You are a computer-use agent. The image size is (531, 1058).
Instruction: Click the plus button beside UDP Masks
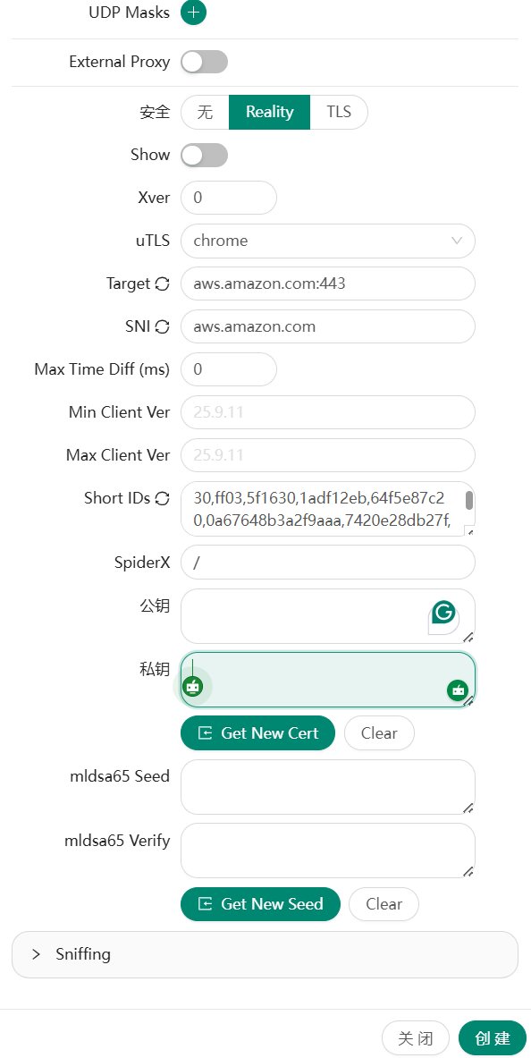coord(193,13)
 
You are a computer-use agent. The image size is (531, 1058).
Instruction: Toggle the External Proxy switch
coord(205,62)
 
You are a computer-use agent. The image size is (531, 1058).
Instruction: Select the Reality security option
coord(269,111)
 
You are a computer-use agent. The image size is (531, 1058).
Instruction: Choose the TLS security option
coord(339,111)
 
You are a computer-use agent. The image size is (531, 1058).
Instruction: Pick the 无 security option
coord(205,111)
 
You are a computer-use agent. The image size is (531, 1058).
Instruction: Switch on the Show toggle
coord(205,156)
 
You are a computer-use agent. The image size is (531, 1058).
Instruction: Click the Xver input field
coord(229,198)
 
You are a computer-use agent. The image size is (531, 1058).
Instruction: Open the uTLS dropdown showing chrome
coord(328,241)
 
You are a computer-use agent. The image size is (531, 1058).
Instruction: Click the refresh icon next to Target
coord(162,284)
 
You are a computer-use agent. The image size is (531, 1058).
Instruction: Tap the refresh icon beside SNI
coord(162,326)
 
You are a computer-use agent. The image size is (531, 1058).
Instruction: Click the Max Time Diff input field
coord(229,369)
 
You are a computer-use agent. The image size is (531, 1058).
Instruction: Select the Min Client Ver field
coord(328,412)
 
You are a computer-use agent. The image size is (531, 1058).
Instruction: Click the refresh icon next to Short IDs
coord(162,499)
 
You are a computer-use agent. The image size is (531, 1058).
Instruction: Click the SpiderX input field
coord(328,562)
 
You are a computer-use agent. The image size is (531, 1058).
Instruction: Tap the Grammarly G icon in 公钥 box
coord(443,613)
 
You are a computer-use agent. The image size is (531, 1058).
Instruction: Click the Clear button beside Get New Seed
coord(383,904)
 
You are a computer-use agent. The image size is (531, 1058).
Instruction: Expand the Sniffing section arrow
coord(37,954)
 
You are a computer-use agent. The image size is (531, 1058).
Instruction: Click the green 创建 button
coord(493,1038)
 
